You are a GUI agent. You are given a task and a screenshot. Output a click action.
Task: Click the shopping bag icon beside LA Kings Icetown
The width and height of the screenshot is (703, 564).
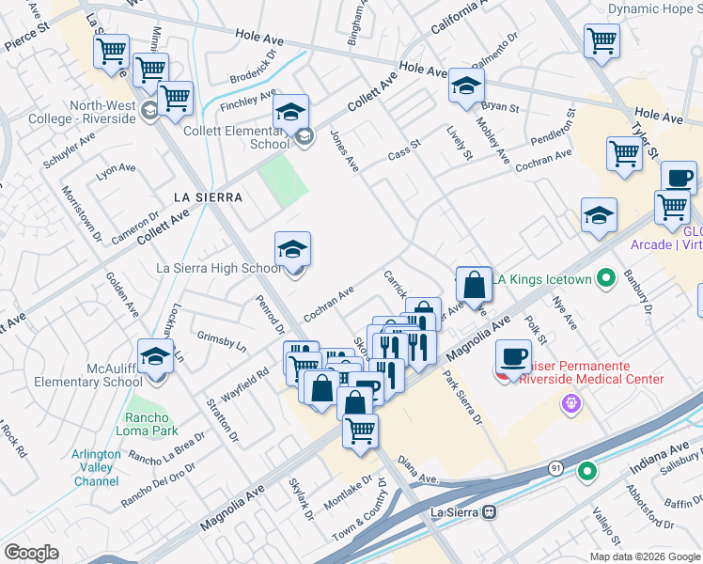(x=475, y=285)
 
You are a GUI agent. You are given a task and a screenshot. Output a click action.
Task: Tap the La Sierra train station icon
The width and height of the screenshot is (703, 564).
(x=489, y=512)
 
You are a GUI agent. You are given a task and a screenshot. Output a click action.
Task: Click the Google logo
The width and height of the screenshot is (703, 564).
(x=31, y=553)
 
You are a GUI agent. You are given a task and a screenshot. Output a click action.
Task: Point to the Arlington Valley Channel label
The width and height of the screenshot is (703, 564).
(x=95, y=467)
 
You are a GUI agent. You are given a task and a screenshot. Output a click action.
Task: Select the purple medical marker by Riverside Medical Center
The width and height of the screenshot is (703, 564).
(x=568, y=404)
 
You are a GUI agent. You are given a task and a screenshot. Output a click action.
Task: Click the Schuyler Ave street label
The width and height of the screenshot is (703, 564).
(x=69, y=150)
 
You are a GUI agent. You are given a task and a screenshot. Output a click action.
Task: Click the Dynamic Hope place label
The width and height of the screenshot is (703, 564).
(x=654, y=8)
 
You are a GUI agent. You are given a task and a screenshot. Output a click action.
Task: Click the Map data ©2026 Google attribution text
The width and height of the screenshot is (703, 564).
(x=644, y=556)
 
